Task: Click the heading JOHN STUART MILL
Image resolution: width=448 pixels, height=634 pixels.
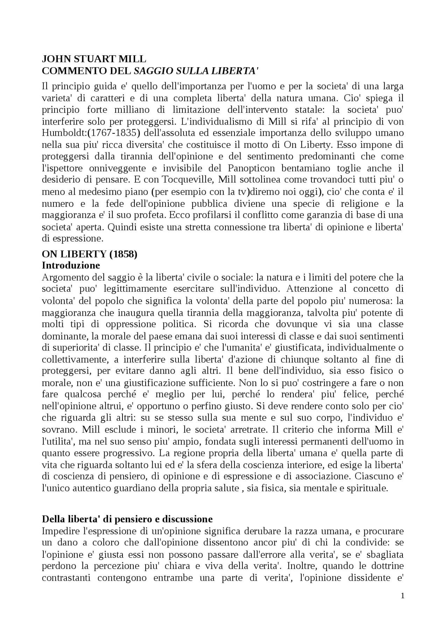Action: [x=94, y=59]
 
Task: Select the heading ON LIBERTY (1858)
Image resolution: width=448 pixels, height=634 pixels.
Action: [x=90, y=254]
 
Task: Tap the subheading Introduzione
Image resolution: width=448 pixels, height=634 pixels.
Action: [x=71, y=265]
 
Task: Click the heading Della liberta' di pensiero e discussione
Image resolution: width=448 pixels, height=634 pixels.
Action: [x=127, y=519]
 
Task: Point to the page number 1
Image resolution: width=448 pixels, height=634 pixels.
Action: [x=402, y=596]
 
